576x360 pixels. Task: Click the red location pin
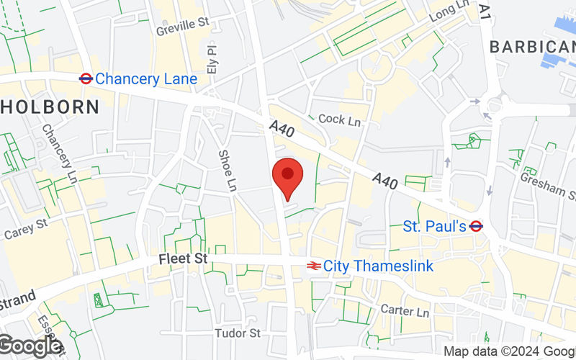point(287,176)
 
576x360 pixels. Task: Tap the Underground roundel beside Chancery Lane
point(85,78)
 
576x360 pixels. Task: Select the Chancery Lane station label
point(145,78)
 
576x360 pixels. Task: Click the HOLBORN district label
point(48,107)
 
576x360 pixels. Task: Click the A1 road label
point(485,12)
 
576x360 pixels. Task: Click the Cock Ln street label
point(339,120)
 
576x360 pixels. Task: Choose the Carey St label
point(26,230)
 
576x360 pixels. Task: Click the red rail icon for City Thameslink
point(313,266)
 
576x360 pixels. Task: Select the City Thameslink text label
point(378,266)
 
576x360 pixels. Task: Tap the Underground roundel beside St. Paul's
point(475,226)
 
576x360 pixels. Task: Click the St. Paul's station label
point(434,226)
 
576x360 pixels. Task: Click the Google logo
point(30,346)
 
